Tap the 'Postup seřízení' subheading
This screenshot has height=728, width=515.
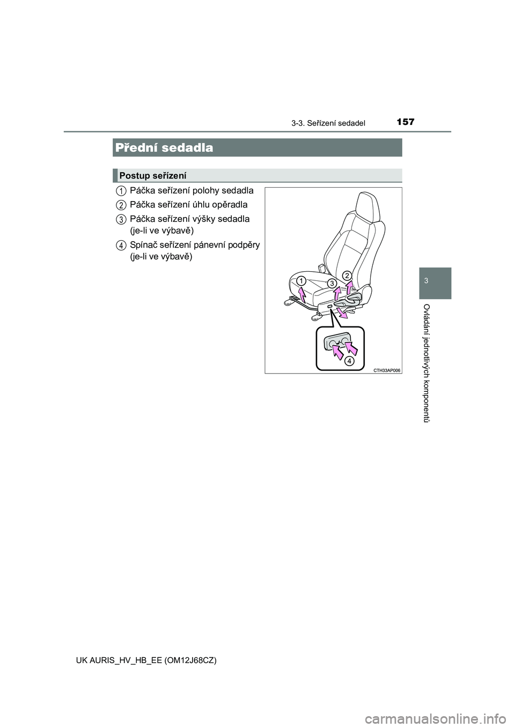click(153, 175)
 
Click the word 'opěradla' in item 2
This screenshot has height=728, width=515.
click(231, 205)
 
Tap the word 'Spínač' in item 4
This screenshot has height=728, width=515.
click(143, 245)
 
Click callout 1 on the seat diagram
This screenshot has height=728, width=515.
click(301, 280)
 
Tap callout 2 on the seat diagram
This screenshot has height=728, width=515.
click(347, 276)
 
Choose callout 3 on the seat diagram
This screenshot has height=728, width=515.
click(333, 283)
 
